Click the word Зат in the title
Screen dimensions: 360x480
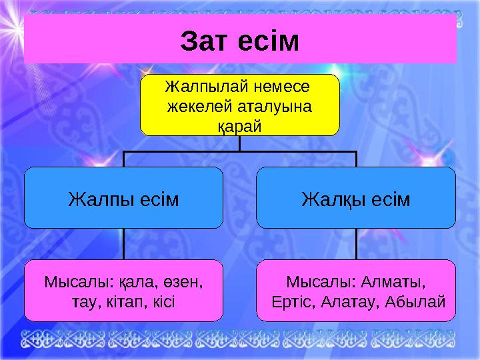205,41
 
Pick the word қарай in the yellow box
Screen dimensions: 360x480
239,125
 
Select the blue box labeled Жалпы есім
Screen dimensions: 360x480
123,198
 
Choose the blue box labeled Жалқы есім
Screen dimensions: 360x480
356,198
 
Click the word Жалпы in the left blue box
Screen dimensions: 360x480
99,199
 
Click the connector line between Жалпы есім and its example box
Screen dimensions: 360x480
123,244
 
